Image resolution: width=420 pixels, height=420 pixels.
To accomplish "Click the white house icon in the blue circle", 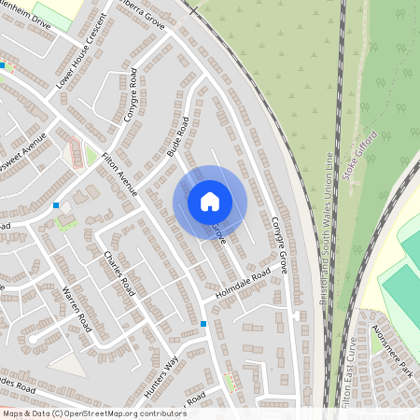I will click(x=210, y=201).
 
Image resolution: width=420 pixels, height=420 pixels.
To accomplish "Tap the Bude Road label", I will click(x=177, y=137).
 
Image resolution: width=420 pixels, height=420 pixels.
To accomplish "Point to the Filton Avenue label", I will click(x=119, y=173).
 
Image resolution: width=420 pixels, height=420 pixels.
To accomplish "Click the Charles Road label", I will click(x=120, y=273).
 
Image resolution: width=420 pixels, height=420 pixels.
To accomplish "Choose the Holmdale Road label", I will click(x=242, y=277).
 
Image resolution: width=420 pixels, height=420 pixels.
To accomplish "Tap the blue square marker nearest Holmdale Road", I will click(x=203, y=324).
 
